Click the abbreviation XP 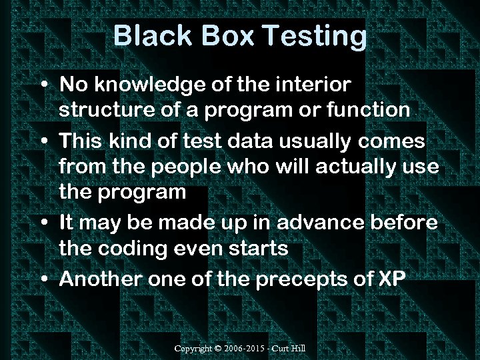(x=391, y=278)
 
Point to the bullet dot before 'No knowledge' (x=43, y=86)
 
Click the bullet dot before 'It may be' (x=43, y=223)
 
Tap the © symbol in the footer (x=220, y=349)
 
